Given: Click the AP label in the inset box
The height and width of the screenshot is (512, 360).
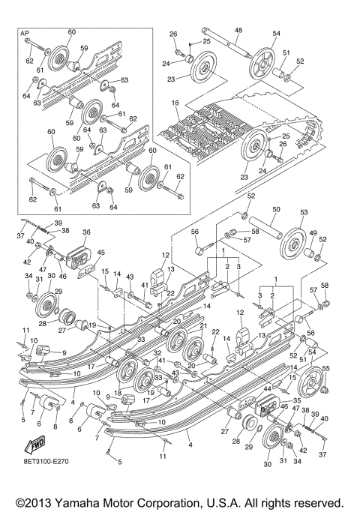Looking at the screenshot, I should [x=24, y=34].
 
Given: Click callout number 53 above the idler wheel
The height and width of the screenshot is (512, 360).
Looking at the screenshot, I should [x=304, y=213].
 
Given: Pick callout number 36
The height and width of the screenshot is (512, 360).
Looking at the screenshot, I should [x=86, y=232].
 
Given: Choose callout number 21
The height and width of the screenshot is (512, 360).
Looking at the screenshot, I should [x=202, y=326].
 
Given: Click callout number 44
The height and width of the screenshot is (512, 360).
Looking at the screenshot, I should [x=266, y=388].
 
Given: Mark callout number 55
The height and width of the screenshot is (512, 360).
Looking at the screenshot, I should [x=325, y=368].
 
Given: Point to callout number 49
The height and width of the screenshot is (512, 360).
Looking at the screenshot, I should [x=313, y=233].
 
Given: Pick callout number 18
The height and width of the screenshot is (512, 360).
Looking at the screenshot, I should [x=118, y=393].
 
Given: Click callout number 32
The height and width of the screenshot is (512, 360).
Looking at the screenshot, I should [x=157, y=352].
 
